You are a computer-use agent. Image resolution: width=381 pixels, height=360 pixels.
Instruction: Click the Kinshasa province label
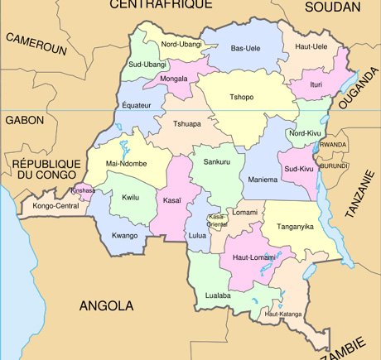click(83, 190)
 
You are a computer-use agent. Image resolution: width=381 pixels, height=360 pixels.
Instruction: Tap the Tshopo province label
click(236, 96)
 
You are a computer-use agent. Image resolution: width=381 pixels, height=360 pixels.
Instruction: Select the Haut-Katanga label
click(282, 314)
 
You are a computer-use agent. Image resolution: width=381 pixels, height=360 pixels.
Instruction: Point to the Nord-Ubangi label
click(181, 44)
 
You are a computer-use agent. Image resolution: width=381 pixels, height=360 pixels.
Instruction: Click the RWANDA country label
click(333, 144)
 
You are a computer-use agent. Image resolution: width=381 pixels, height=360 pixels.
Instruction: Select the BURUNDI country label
click(333, 166)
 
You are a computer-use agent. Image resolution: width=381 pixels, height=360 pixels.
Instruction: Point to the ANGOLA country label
click(106, 305)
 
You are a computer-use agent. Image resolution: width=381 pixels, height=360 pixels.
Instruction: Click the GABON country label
click(24, 120)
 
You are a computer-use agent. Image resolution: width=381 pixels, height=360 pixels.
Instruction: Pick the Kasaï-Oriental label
click(216, 220)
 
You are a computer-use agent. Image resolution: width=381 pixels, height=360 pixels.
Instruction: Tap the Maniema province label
click(263, 180)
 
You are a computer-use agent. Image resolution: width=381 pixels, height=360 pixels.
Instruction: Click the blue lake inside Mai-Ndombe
click(123, 149)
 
